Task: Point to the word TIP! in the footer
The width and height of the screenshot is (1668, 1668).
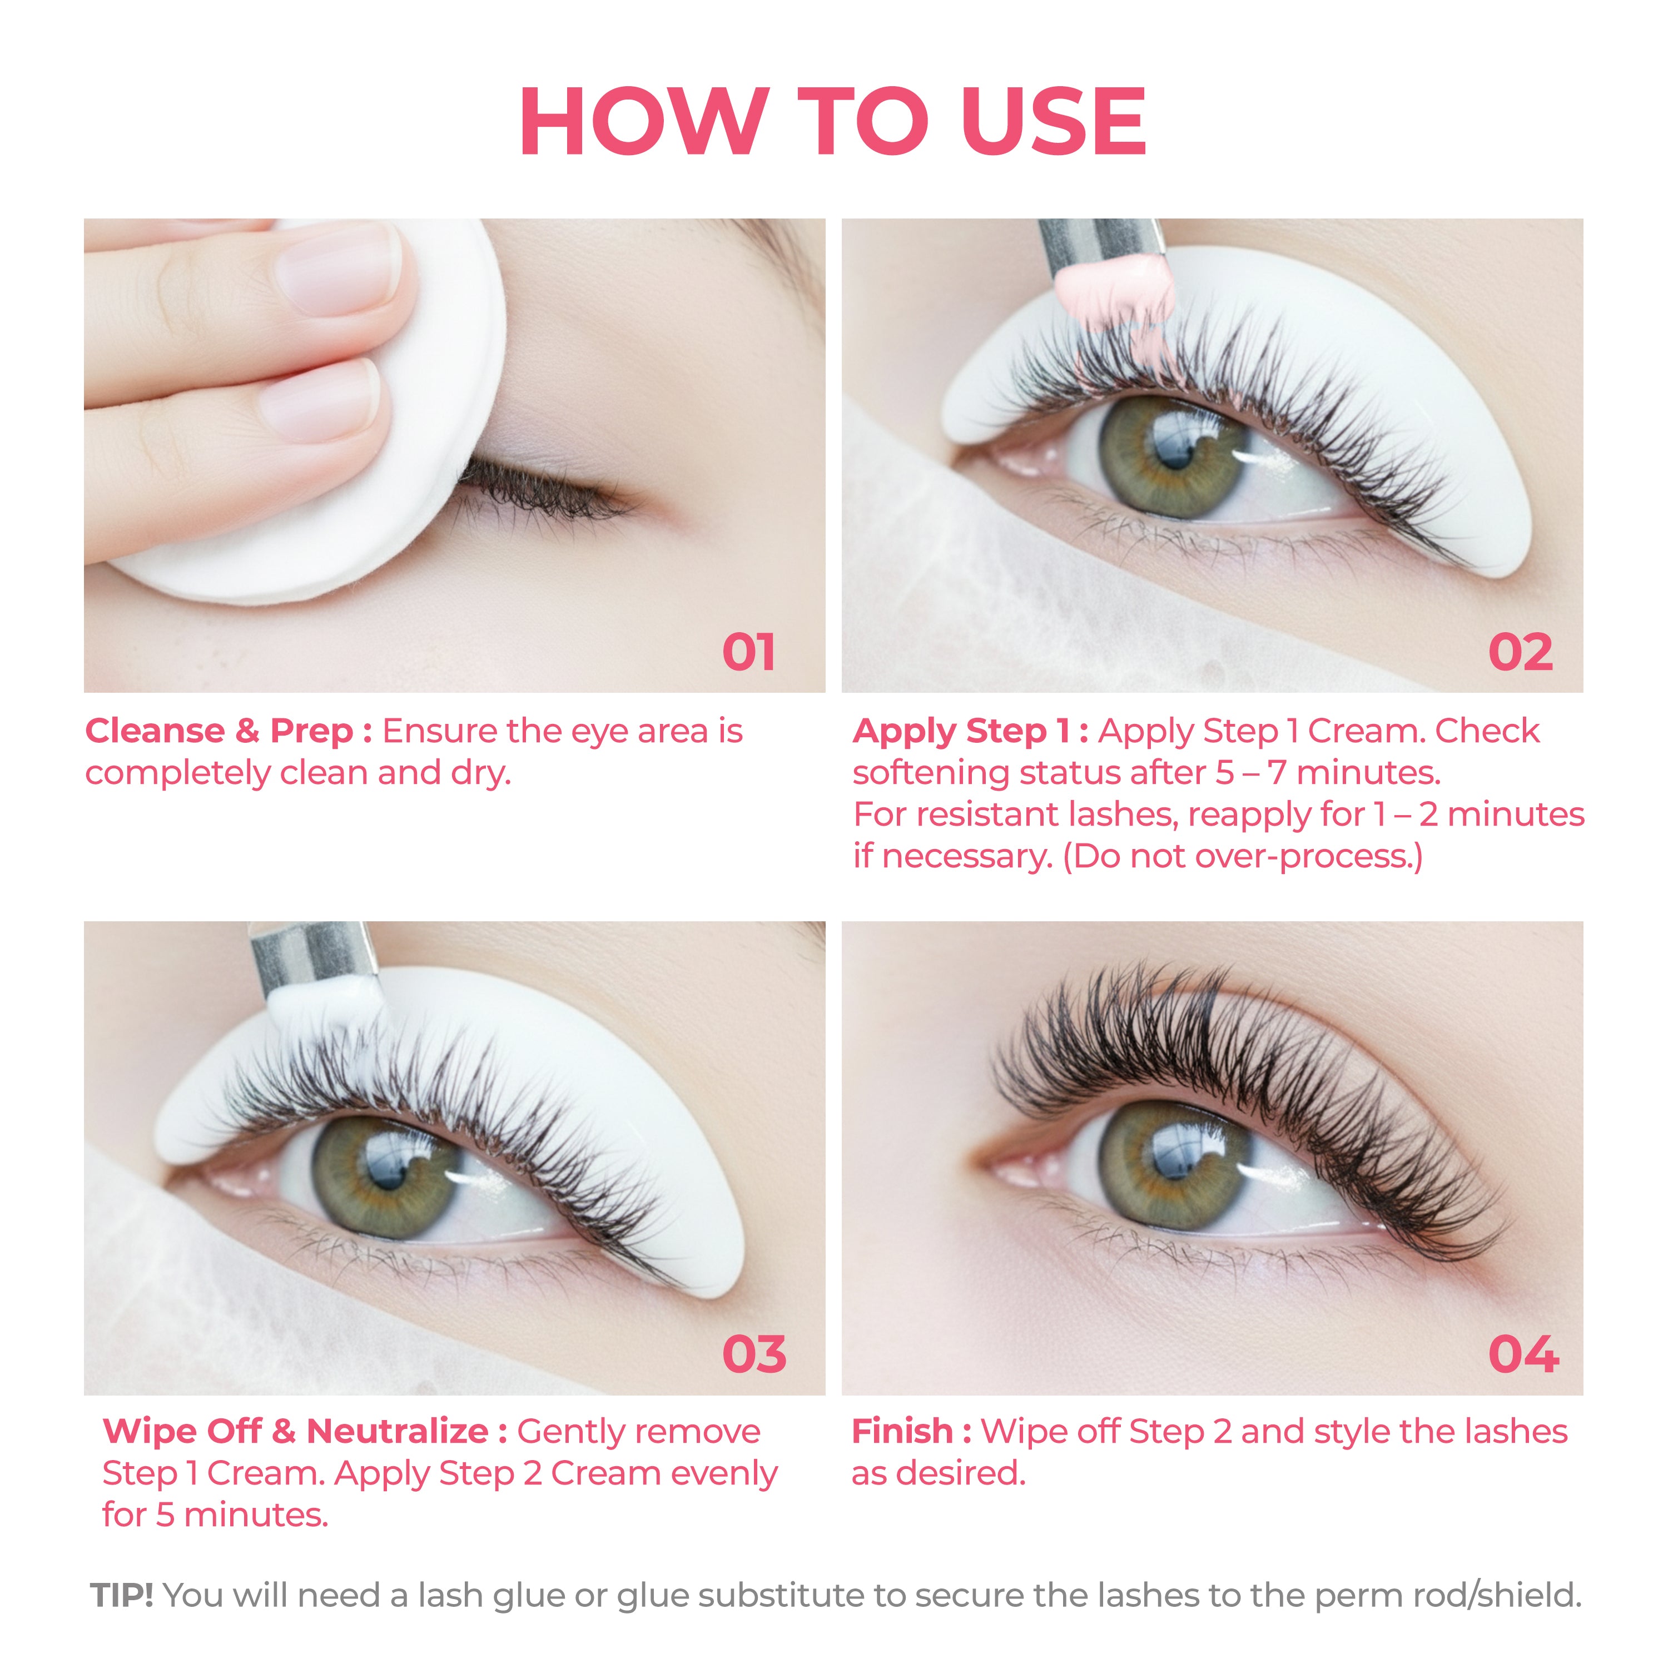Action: pyautogui.click(x=122, y=1596)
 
